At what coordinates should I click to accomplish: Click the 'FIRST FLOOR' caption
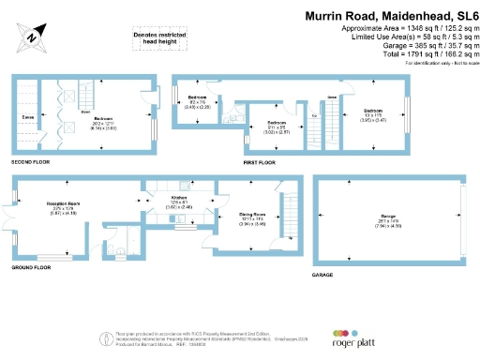[x=261, y=163]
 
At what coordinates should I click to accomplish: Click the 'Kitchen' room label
[x=179, y=198]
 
